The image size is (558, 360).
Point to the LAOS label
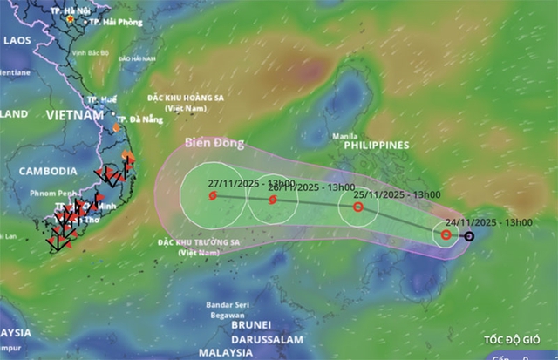pyautogui.click(x=17, y=40)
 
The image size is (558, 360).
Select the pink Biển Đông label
pyautogui.click(x=214, y=144)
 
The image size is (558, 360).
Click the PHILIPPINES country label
pyautogui.click(x=377, y=146)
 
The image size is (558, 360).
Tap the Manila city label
pyautogui.click(x=346, y=136)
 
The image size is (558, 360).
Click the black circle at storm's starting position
pyautogui.click(x=468, y=236)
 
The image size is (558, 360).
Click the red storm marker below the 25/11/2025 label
pyautogui.click(x=357, y=207)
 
